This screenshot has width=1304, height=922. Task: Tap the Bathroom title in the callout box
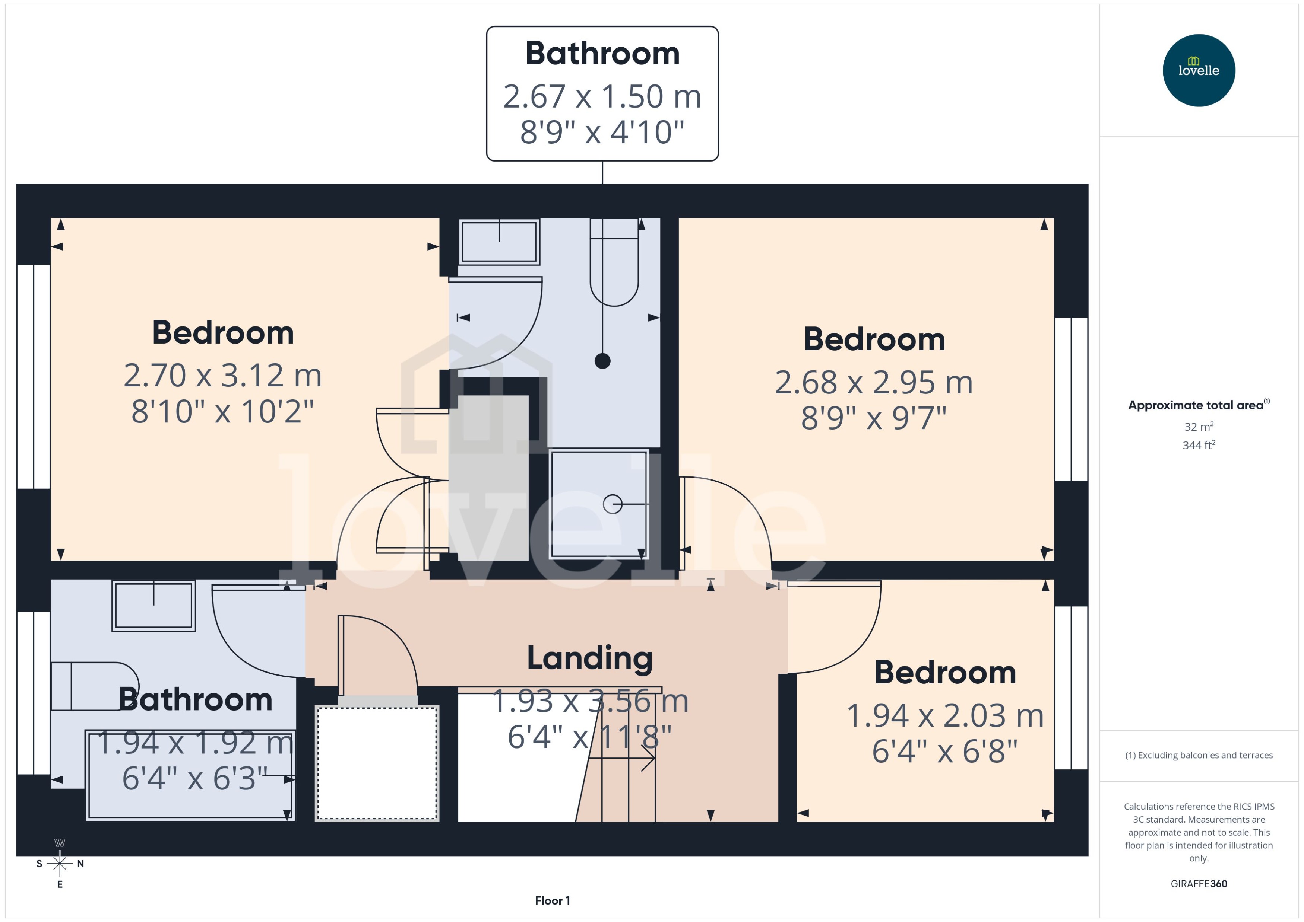602,53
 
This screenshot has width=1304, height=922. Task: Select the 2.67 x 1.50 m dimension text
602,96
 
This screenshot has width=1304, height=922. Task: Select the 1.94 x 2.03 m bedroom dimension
945,715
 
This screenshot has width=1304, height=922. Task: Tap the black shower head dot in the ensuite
602,361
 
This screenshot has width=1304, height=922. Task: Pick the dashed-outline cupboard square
377,762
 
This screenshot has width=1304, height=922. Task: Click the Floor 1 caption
552,900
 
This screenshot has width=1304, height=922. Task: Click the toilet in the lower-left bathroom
94,686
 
